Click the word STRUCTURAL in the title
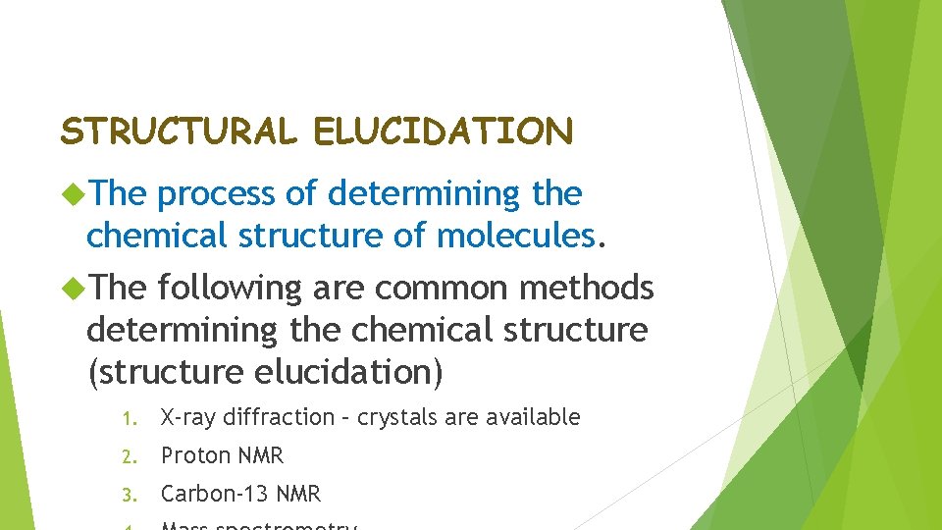[178, 132]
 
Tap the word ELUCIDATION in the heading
[444, 132]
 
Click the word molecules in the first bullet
[516, 236]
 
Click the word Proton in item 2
[191, 456]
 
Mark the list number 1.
[129, 419]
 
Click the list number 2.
[129, 457]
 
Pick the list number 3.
[129, 496]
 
